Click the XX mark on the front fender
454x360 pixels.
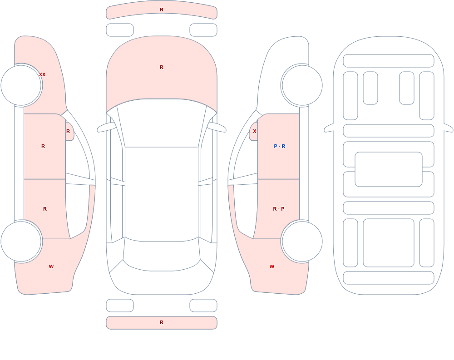point(42,74)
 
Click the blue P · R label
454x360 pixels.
point(279,146)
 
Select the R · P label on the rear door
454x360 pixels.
point(279,209)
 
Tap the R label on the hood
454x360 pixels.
point(162,67)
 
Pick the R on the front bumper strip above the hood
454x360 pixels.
point(162,10)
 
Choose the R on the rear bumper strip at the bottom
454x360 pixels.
point(162,322)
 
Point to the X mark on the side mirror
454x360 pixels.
point(255,131)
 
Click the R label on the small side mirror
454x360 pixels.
point(68,131)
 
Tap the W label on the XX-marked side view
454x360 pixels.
point(51,266)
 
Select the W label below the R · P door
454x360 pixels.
point(272,266)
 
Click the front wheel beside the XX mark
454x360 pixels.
point(21,85)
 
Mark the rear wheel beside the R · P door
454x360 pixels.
point(302,241)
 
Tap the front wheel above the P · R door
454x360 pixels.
point(302,85)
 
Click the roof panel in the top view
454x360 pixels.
point(162,194)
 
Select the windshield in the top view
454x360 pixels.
point(162,123)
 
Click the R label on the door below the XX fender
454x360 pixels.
point(43,146)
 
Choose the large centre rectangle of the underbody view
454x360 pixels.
point(389,169)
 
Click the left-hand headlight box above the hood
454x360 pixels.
point(120,30)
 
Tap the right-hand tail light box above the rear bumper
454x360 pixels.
point(203,306)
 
